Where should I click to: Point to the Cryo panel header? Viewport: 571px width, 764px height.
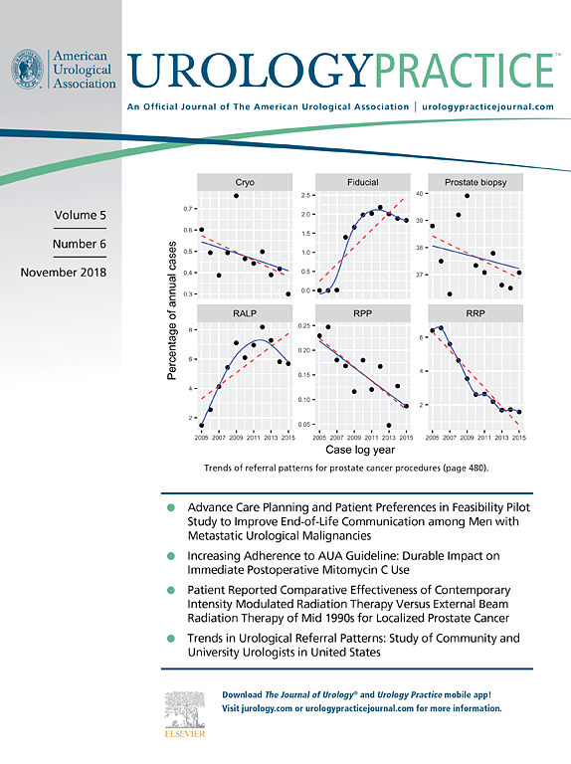click(245, 183)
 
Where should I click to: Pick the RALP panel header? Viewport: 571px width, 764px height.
click(245, 314)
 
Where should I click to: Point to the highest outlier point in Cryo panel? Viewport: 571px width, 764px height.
click(236, 196)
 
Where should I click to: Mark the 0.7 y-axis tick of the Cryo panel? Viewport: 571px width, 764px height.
click(189, 209)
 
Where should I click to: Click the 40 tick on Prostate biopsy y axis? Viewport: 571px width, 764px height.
click(420, 193)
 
